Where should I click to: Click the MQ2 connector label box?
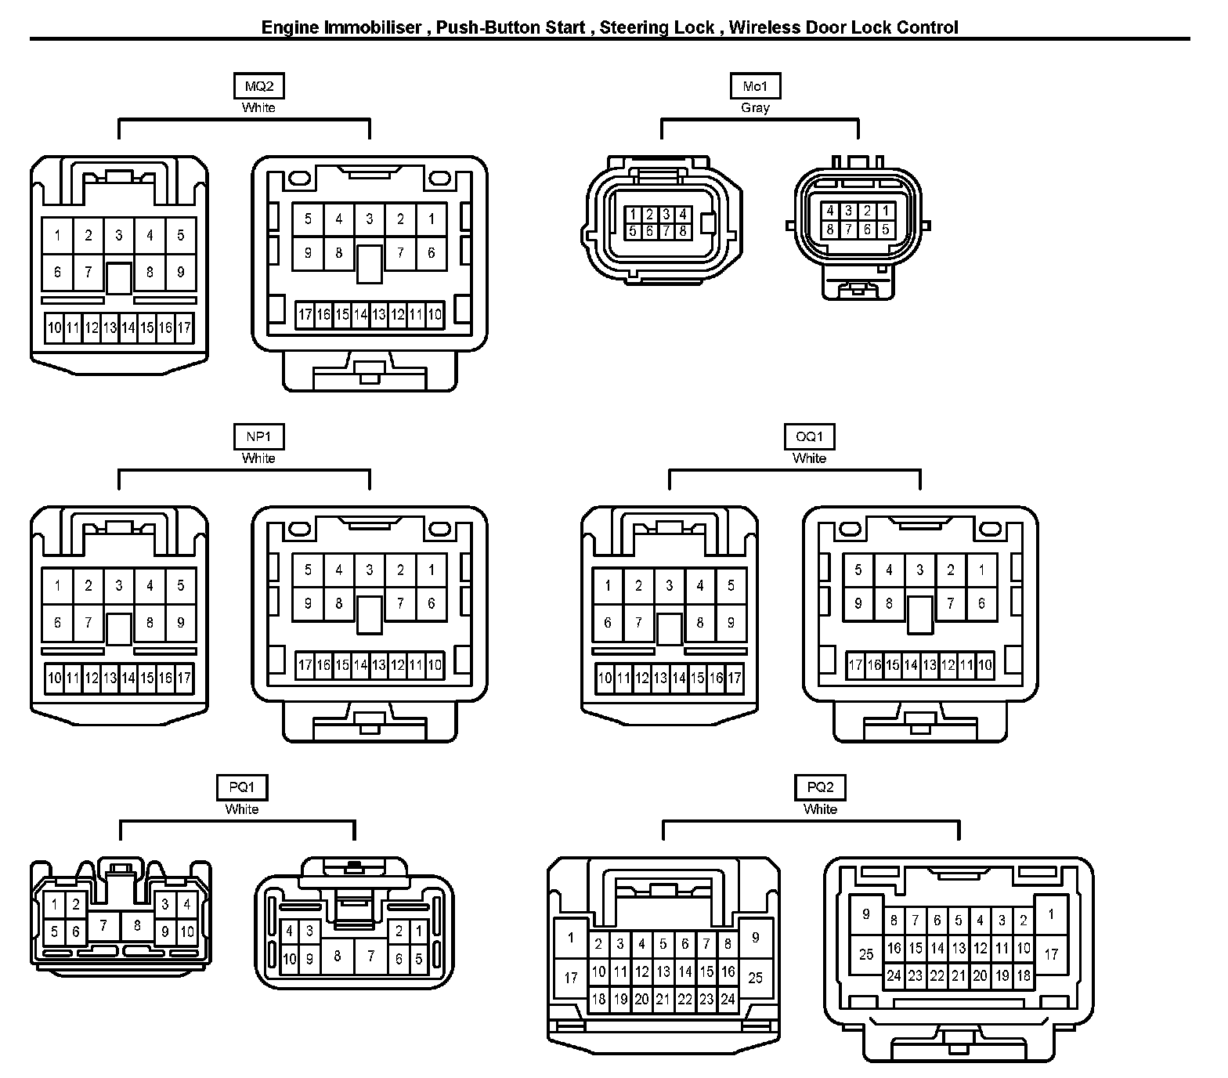[258, 86]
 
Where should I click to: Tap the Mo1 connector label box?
[755, 86]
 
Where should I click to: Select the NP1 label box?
[258, 436]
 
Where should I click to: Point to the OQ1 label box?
[809, 436]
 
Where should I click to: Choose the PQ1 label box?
[242, 787]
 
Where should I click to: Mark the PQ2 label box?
[820, 787]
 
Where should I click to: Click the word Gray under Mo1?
[755, 108]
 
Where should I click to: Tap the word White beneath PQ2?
[820, 809]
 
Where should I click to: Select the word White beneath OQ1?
[809, 458]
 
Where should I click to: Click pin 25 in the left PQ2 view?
[755, 978]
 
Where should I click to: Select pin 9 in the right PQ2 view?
[865, 914]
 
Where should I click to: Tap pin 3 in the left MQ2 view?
[119, 235]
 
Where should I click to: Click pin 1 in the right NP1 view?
[432, 570]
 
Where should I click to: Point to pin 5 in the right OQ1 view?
[858, 570]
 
